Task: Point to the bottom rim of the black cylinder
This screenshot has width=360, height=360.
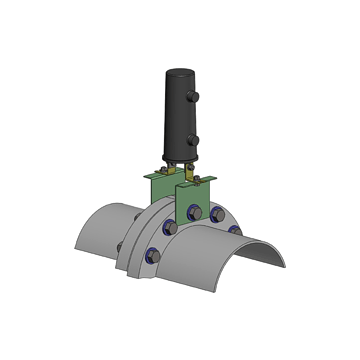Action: (x=178, y=159)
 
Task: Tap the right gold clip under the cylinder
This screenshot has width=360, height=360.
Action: (x=191, y=170)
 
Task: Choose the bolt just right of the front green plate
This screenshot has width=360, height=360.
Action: (x=216, y=213)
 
